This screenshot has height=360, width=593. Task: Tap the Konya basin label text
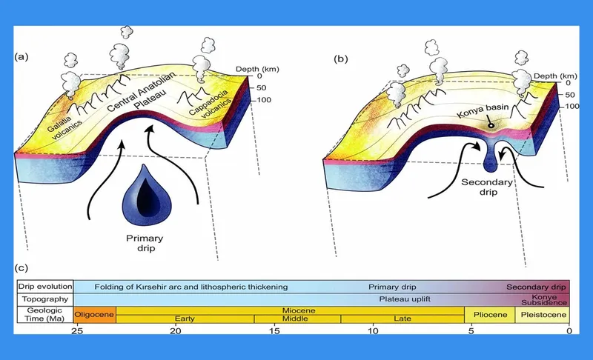(x=483, y=110)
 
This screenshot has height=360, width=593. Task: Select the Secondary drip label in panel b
(x=487, y=187)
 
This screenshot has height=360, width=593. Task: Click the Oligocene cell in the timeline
(x=95, y=314)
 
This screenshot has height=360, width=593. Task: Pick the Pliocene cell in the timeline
(x=490, y=315)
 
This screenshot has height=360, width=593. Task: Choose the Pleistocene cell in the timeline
(x=543, y=315)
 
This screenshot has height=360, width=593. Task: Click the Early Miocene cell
(x=185, y=319)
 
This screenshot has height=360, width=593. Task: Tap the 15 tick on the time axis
(x=274, y=331)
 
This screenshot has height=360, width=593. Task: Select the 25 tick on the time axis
(x=78, y=331)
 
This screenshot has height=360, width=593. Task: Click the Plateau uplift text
(x=405, y=299)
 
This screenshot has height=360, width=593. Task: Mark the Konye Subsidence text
(x=544, y=300)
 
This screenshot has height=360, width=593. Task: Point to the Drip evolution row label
(x=45, y=287)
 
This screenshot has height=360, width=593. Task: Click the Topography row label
(x=45, y=299)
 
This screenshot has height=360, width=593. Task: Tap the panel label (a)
(x=21, y=57)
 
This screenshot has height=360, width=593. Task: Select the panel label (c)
(x=21, y=268)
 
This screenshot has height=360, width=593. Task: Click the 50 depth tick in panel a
(x=261, y=88)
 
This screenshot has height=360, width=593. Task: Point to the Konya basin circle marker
(x=491, y=125)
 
